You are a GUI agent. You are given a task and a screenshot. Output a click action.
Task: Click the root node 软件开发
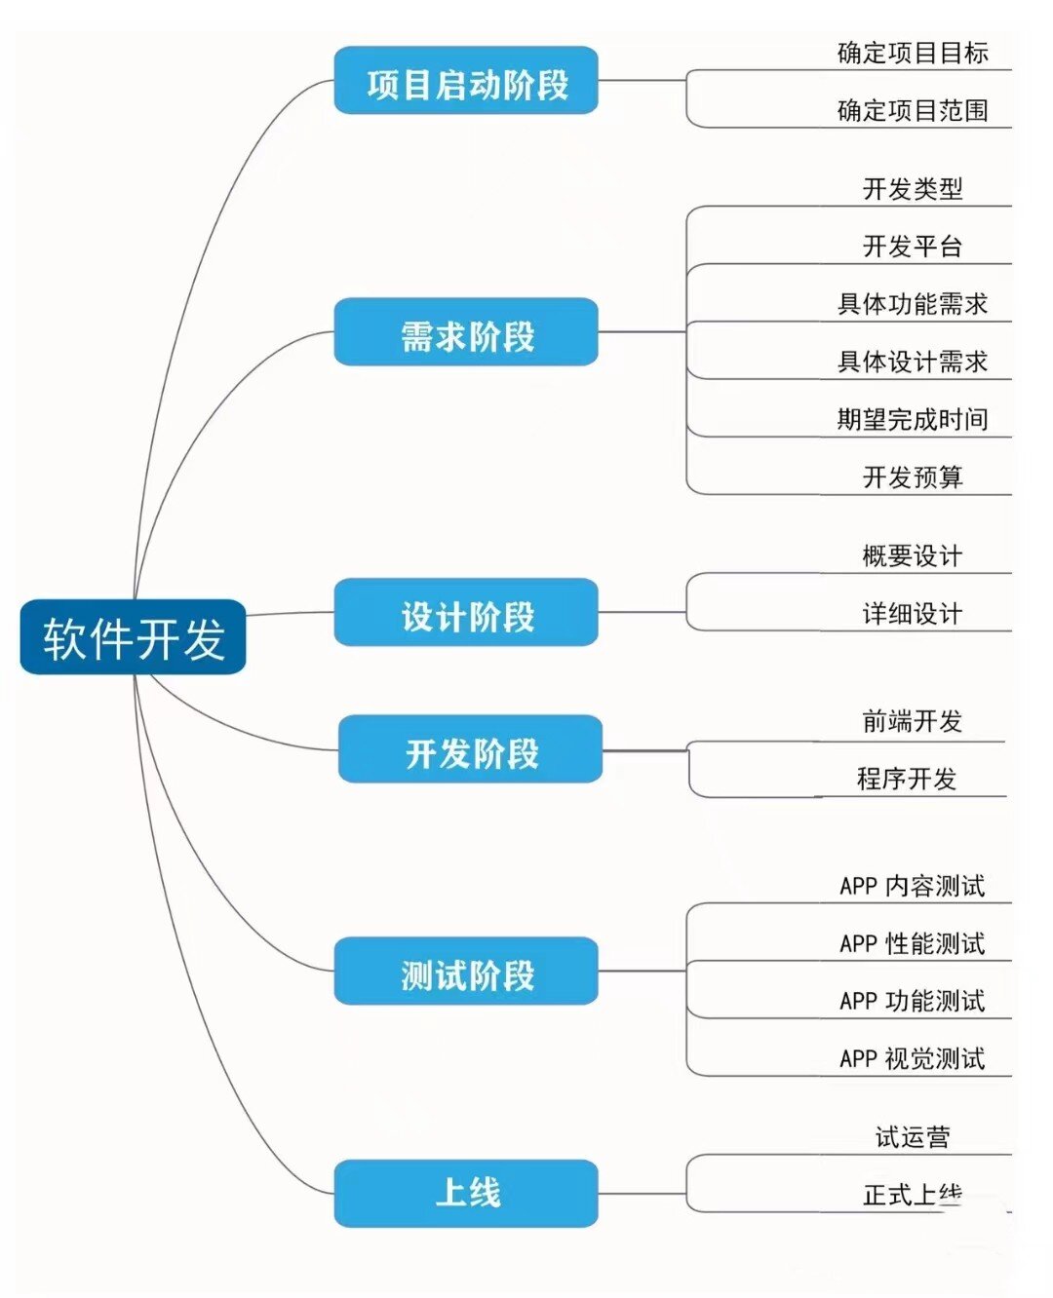pos(134,637)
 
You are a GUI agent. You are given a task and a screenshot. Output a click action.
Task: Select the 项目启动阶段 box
pos(466,85)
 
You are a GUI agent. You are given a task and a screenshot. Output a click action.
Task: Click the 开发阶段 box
pos(470,752)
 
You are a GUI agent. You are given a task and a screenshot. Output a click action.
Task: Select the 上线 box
pos(466,1193)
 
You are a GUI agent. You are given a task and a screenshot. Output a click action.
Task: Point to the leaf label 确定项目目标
pos(913,53)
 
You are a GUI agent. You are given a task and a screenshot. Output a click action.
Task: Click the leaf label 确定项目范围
pos(913,110)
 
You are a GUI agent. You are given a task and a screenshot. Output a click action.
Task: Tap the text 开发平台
pos(913,246)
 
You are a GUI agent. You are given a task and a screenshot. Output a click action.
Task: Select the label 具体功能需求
pos(913,303)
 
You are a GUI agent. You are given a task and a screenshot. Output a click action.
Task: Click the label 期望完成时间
pos(913,419)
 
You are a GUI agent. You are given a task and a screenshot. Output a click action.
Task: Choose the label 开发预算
pos(913,477)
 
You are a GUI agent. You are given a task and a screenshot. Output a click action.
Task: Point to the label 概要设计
pos(913,555)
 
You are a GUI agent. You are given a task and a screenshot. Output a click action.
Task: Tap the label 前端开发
pos(913,721)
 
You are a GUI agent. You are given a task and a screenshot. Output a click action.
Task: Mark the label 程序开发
pos(907,779)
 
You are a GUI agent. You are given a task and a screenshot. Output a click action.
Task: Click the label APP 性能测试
pos(913,943)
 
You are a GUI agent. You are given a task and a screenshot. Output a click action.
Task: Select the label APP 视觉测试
pos(913,1058)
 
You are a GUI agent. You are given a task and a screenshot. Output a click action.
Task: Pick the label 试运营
pos(913,1136)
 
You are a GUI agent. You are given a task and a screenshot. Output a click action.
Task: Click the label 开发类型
pos(913,188)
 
